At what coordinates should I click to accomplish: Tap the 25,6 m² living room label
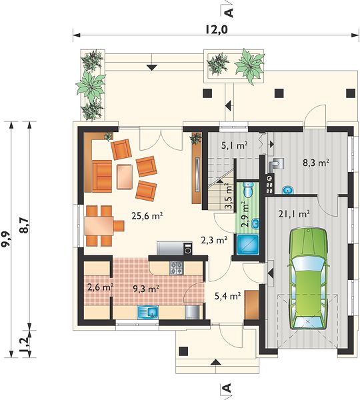147,216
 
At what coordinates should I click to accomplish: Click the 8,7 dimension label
24,225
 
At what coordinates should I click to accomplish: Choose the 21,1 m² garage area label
294,214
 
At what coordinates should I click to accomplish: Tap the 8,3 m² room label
315,163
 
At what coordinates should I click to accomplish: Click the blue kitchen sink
148,312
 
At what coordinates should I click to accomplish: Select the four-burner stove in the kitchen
176,268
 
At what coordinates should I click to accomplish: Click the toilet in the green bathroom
248,189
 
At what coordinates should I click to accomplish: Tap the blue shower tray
248,245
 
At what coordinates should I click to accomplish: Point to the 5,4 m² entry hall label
228,296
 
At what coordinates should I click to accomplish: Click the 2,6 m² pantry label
100,287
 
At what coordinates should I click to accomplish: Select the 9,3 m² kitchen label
147,289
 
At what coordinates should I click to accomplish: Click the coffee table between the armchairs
124,177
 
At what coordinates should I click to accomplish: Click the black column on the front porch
183,351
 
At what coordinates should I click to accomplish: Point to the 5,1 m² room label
234,146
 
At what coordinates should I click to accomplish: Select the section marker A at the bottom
227,388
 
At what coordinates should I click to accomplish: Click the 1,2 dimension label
24,343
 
